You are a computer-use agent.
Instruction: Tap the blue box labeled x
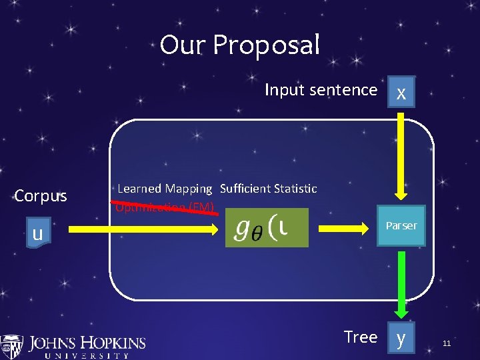click(401, 93)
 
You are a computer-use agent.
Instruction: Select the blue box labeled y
click(401, 338)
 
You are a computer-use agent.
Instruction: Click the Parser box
click(401, 226)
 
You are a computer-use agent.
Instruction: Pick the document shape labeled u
click(38, 233)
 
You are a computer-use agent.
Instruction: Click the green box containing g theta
click(267, 228)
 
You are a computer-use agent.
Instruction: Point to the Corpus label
click(41, 196)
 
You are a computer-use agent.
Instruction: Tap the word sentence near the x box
click(343, 90)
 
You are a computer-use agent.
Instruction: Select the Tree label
click(361, 337)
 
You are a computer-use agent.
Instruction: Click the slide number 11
click(447, 343)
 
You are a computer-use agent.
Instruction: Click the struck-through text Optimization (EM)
click(164, 207)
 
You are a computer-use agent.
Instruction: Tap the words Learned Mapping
click(165, 189)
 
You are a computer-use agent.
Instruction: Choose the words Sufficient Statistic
click(268, 189)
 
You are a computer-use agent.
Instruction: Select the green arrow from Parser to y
click(401, 283)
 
